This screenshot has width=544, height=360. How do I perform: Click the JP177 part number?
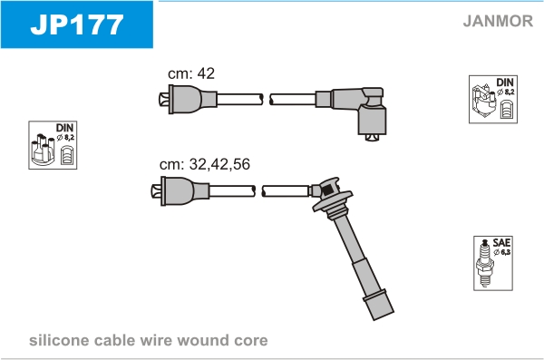(77, 24)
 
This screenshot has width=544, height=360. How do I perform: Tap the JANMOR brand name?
(498, 21)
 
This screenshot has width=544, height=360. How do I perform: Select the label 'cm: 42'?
(191, 73)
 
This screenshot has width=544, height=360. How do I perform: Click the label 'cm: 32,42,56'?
(205, 164)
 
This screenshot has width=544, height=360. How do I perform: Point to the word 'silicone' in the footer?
(59, 340)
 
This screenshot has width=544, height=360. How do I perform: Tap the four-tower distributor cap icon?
(43, 150)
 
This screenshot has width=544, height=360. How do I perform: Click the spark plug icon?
(485, 263)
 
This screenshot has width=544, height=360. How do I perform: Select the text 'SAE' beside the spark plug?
(501, 242)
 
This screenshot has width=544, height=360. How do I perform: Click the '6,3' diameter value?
(506, 252)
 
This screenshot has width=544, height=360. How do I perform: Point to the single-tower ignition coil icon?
(484, 101)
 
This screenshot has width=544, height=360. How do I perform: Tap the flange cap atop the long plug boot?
(332, 195)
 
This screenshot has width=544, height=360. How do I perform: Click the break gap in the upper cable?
(267, 99)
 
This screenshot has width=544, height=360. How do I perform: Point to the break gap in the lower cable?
(258, 191)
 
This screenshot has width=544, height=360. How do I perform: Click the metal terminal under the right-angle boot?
(373, 138)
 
